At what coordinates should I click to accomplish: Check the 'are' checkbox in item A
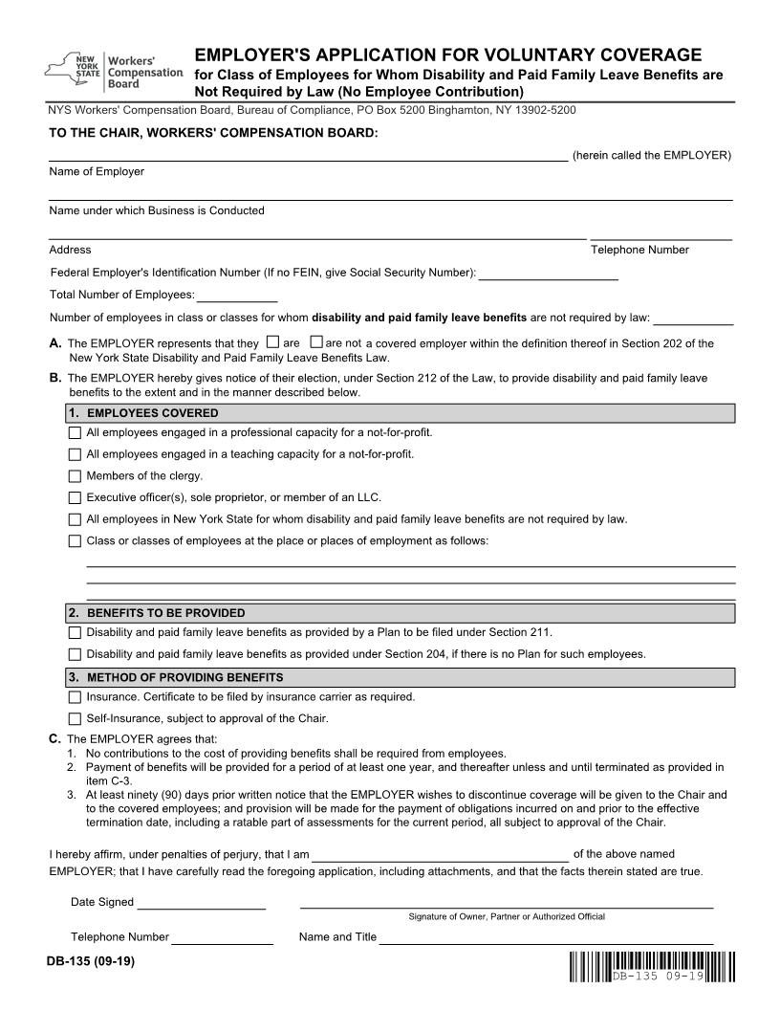pos(273,341)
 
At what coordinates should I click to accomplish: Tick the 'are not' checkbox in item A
pos(317,341)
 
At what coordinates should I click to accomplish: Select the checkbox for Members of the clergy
pos(76,476)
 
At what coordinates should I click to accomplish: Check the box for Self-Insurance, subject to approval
pos(76,718)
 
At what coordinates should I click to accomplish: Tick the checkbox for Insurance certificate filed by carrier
pos(76,697)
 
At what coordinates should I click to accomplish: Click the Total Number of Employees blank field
pos(237,295)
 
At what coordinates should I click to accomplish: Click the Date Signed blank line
pos(201,902)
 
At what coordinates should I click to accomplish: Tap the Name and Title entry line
pos(546,937)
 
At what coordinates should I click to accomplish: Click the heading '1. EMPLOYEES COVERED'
pos(153,413)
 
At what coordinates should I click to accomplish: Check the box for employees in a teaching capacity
pos(76,454)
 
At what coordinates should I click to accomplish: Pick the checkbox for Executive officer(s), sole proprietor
pos(76,497)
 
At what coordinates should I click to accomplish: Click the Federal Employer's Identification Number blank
pos(548,273)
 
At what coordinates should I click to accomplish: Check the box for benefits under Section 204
pos(76,655)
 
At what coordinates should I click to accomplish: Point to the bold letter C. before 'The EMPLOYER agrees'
pos(54,738)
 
